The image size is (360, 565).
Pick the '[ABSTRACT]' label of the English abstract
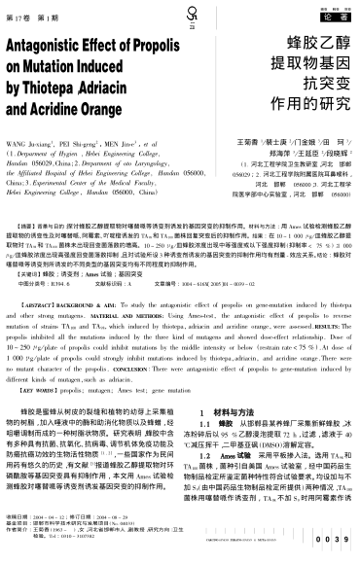click(x=38, y=331)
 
